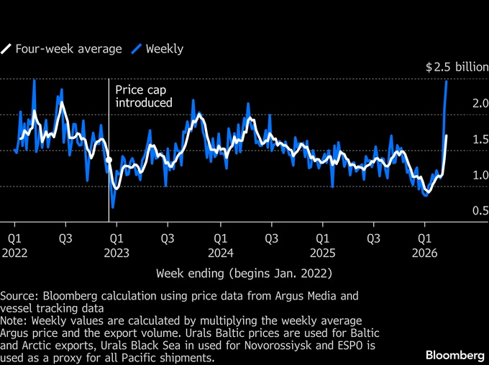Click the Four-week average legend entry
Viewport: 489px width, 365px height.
tap(66, 49)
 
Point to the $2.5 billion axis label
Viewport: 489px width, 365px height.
tap(456, 68)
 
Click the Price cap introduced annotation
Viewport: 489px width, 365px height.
tap(144, 96)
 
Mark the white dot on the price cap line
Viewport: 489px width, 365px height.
tap(109, 161)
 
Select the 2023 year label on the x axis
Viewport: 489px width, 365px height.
tap(116, 253)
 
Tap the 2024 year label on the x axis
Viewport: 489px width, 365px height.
tap(221, 253)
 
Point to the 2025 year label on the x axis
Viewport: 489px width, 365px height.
tap(323, 253)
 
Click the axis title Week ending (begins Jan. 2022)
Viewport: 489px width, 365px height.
tap(244, 274)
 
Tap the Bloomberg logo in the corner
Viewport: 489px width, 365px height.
tap(454, 354)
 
